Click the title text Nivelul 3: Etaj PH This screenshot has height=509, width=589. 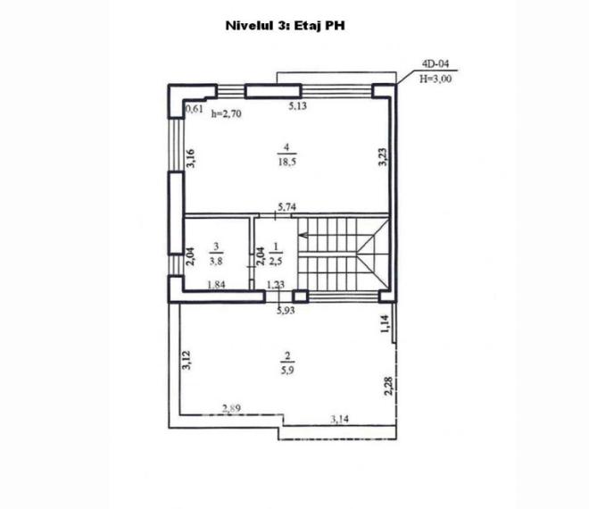tap(286, 27)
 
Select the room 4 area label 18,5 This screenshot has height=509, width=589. tap(285, 161)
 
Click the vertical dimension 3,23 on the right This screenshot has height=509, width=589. tap(382, 157)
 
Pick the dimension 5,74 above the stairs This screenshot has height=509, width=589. tap(286, 207)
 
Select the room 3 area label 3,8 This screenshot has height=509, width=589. tap(216, 261)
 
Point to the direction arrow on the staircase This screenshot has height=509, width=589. tap(304, 237)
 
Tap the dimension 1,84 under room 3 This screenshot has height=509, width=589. tap(216, 285)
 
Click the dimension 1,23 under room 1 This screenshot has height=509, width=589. tap(276, 285)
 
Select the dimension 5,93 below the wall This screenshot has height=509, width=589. tap(286, 310)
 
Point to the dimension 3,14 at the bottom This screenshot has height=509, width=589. tap(339, 417)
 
